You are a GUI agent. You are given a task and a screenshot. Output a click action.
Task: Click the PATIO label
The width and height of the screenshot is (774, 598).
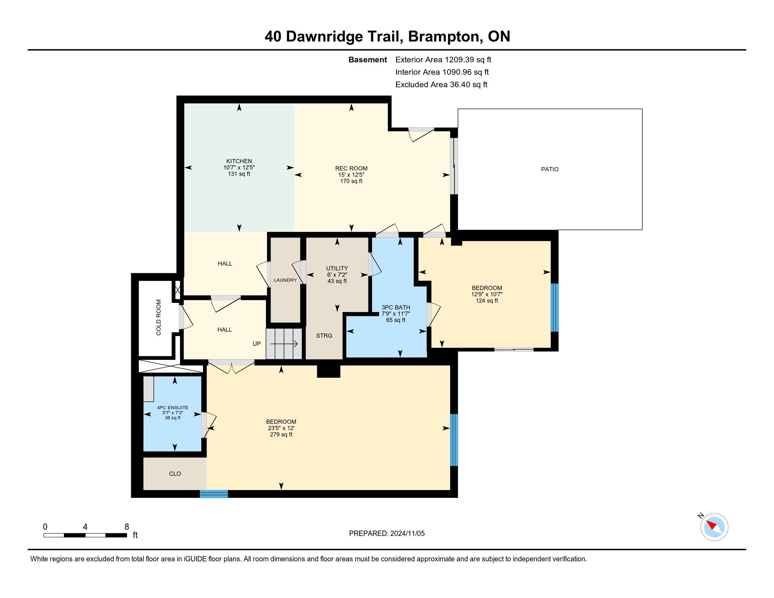(x=550, y=169)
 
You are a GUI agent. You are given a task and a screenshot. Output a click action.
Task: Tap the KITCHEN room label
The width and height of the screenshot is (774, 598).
(x=239, y=161)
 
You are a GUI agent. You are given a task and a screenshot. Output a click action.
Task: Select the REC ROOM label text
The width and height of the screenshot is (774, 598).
(x=351, y=168)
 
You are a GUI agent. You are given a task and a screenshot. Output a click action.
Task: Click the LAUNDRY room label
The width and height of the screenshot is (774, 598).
(x=285, y=280)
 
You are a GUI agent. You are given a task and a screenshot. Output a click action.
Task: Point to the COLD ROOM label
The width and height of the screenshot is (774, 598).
(x=158, y=317)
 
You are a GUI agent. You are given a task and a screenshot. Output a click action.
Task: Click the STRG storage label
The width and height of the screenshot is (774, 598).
(x=324, y=336)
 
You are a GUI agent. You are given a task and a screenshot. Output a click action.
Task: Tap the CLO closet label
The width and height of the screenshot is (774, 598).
(x=175, y=474)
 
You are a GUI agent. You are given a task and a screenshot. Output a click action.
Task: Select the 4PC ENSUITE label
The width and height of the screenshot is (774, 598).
(x=173, y=408)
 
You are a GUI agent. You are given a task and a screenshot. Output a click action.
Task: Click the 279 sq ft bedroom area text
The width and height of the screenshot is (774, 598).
(x=281, y=435)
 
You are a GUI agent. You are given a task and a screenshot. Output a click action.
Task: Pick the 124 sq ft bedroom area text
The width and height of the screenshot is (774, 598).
(x=487, y=301)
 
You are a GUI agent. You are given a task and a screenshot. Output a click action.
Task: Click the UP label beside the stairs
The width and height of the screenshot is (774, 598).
(x=256, y=344)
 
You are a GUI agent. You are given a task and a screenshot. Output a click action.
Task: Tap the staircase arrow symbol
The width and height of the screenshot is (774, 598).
(x=284, y=344)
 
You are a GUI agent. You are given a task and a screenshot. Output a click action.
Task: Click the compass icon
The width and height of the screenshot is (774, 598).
(x=714, y=527)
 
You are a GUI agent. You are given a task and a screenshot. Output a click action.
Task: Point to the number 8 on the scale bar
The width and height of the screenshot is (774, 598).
(x=127, y=527)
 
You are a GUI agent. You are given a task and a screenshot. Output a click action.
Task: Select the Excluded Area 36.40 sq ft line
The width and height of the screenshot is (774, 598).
(x=441, y=85)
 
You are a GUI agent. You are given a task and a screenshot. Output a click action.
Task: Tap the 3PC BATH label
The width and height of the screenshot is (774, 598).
(x=395, y=307)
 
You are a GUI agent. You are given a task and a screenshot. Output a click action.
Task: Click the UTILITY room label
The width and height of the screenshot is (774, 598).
(x=337, y=268)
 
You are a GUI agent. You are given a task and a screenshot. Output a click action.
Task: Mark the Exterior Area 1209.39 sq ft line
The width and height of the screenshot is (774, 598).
(x=443, y=60)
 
